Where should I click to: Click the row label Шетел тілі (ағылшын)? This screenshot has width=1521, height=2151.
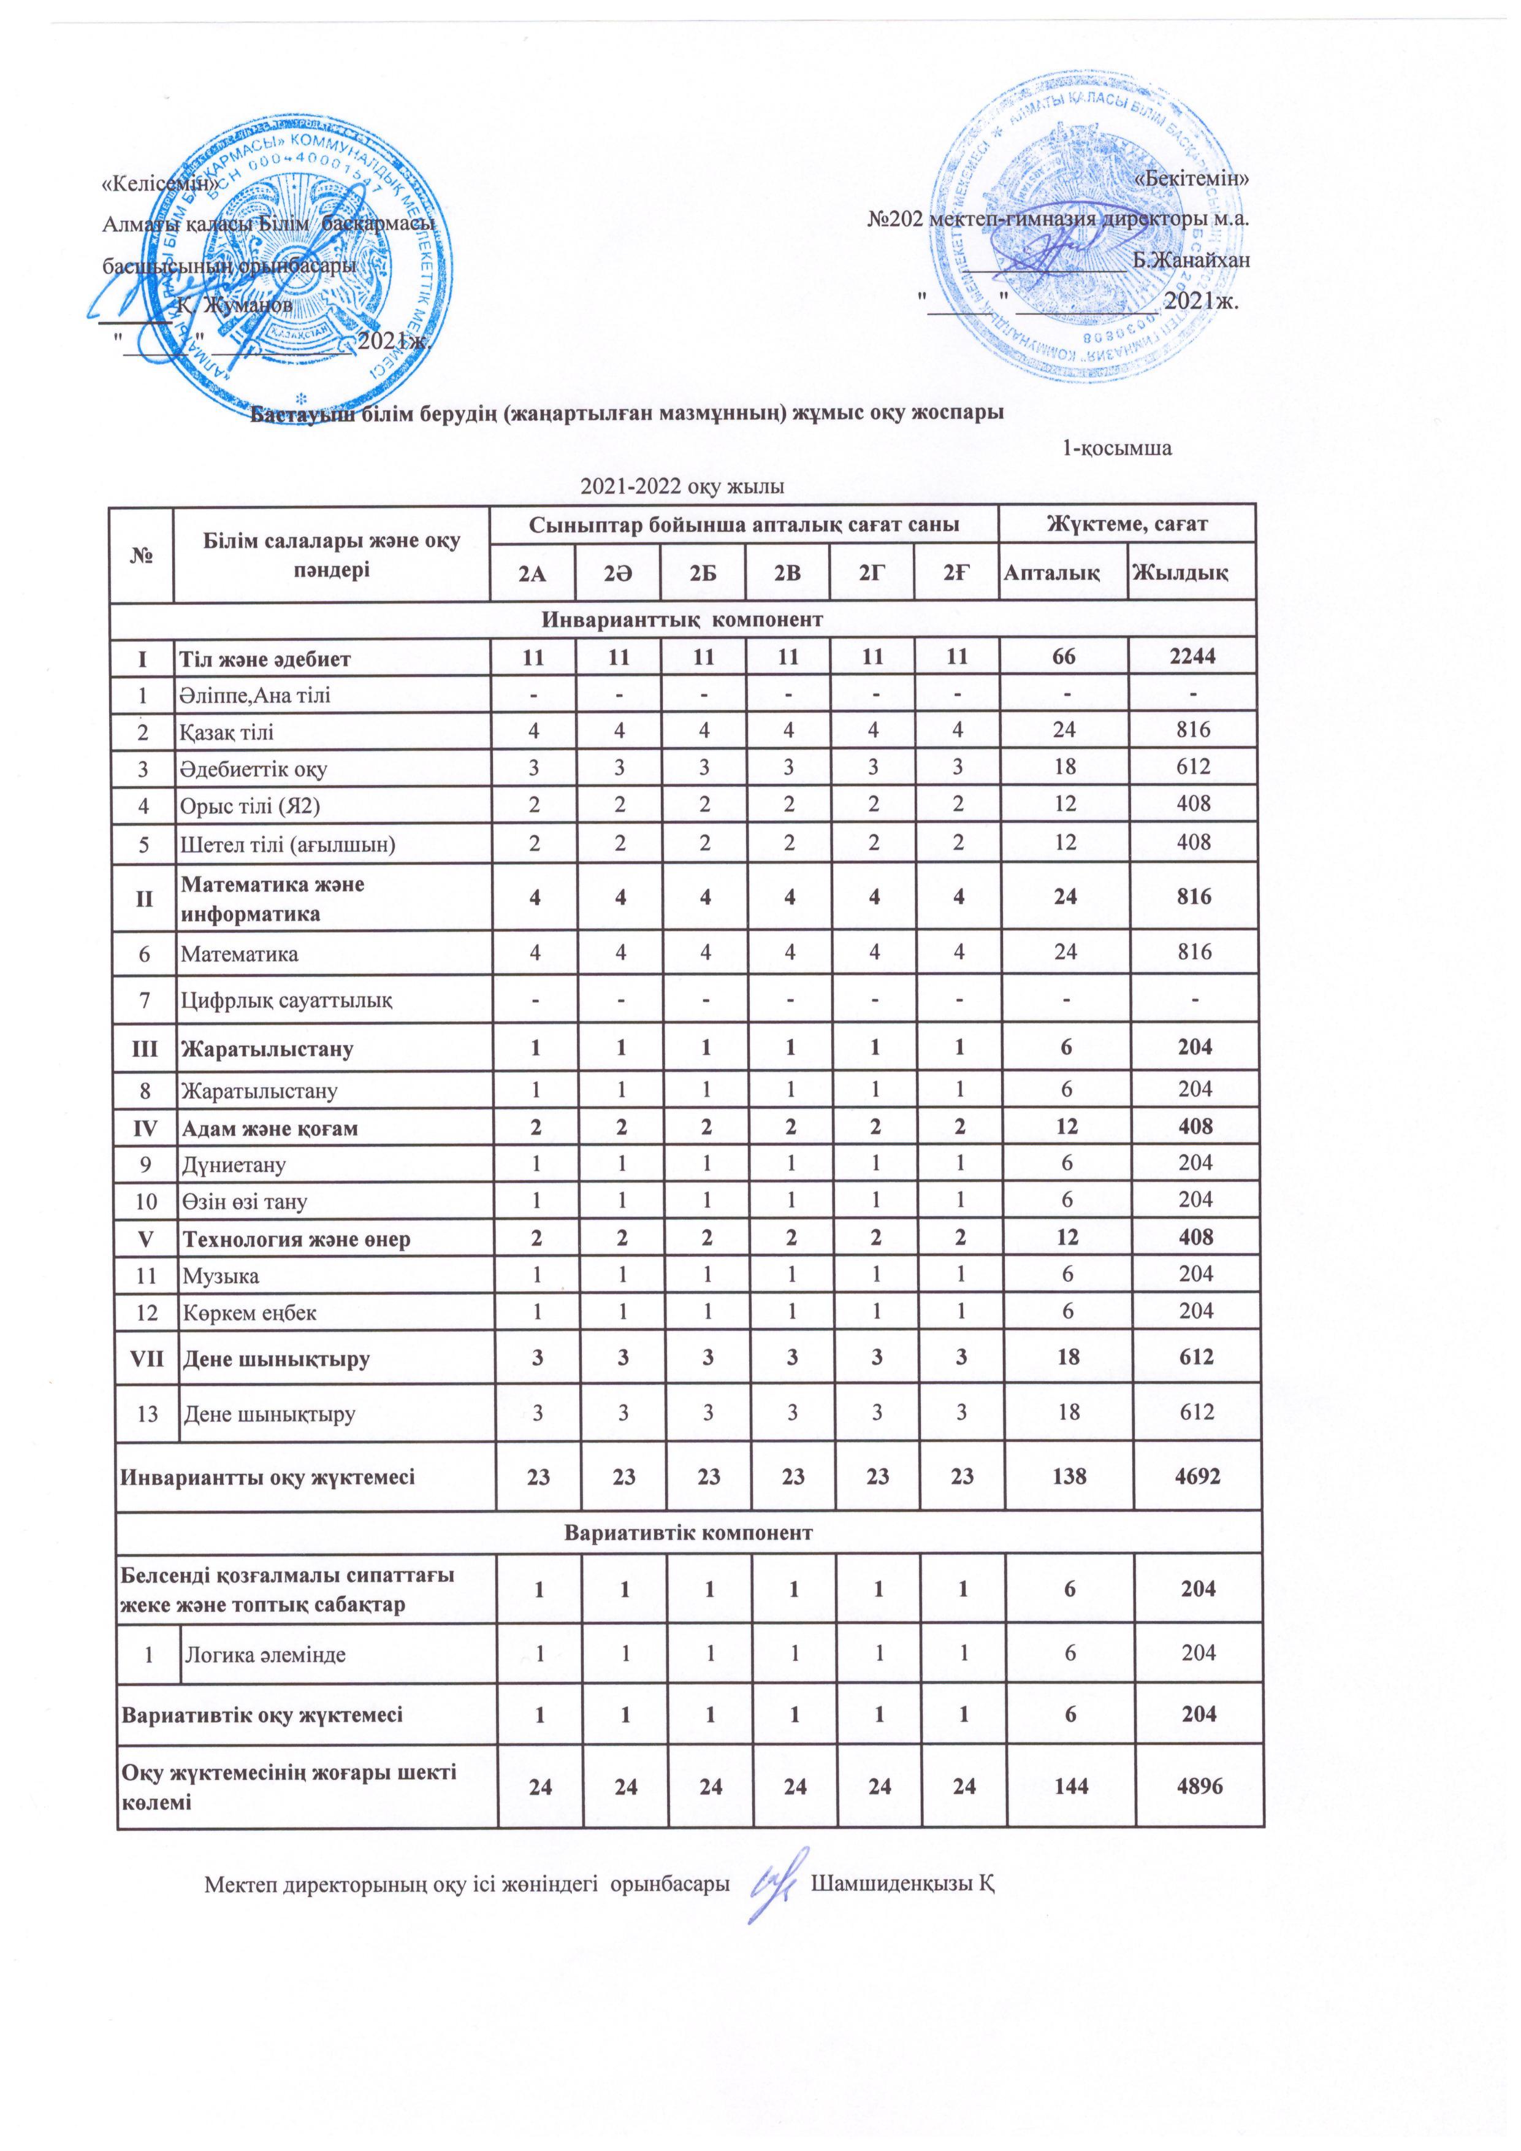pos(288,844)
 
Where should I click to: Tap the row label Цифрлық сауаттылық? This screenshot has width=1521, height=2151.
pos(286,1000)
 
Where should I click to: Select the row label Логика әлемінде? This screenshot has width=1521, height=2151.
pos(265,1654)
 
